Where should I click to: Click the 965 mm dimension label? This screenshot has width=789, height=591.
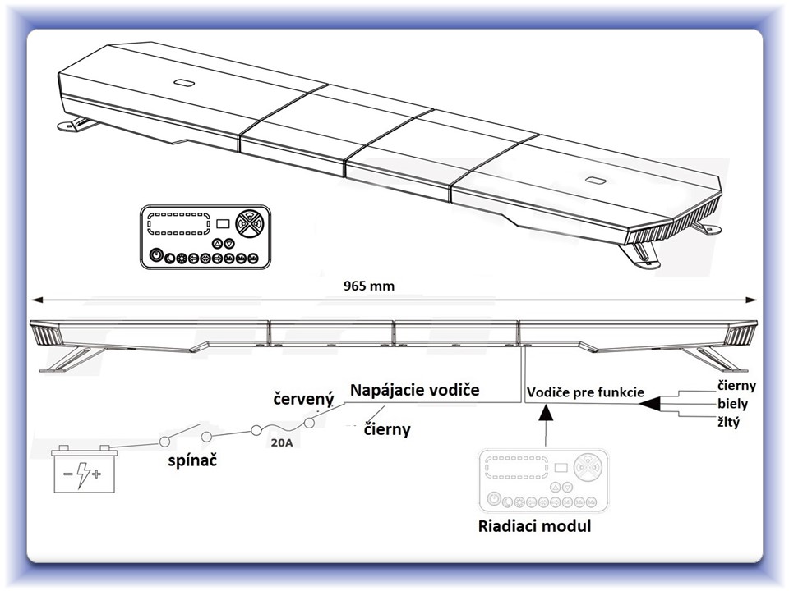pyautogui.click(x=369, y=286)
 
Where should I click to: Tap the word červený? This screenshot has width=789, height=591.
pyautogui.click(x=303, y=400)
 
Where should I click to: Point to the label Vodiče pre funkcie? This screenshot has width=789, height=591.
pyautogui.click(x=585, y=392)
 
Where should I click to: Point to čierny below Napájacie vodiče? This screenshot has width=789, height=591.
pyautogui.click(x=387, y=428)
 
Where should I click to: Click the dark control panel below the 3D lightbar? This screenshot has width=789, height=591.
pyautogui.click(x=205, y=236)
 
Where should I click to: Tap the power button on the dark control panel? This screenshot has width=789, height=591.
pyautogui.click(x=156, y=257)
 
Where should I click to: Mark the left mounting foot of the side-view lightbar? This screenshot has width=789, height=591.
pyautogui.click(x=71, y=358)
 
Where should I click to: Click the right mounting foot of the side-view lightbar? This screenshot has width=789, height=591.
pyautogui.click(x=713, y=359)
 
